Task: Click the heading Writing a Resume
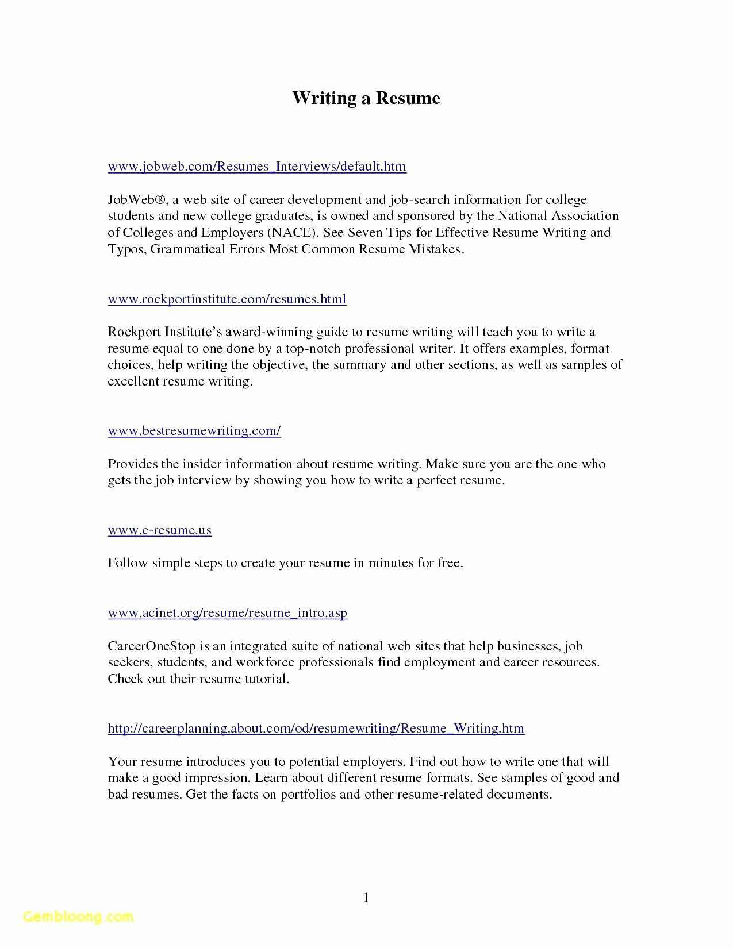point(366,98)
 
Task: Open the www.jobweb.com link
point(257,167)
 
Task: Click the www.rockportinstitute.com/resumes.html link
point(227,299)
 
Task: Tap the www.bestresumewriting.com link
point(194,431)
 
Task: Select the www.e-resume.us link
point(159,530)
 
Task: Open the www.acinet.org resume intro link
point(227,613)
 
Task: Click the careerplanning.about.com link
point(316,729)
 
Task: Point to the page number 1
point(366,897)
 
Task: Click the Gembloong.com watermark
point(79,916)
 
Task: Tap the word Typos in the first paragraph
point(127,249)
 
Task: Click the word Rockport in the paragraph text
point(134,332)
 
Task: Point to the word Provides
point(132,464)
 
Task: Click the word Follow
point(128,563)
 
